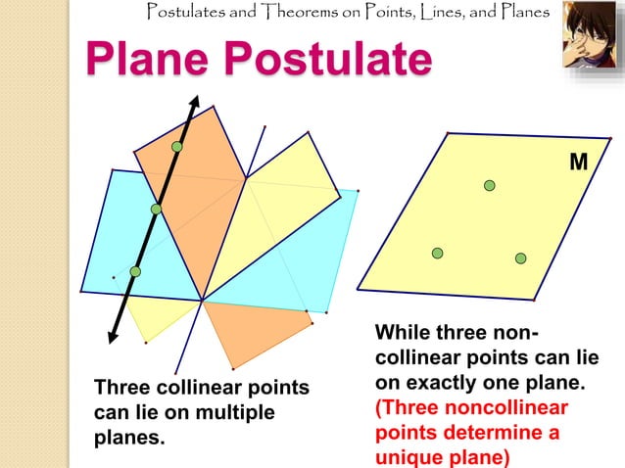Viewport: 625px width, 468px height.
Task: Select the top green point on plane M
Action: pos(489,185)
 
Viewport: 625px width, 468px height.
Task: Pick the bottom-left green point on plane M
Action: pos(438,254)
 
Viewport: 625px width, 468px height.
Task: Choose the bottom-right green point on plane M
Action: pos(521,257)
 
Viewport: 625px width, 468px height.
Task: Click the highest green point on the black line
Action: pos(176,147)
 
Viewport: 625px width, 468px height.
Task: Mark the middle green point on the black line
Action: pos(156,209)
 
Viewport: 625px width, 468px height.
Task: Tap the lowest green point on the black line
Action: pos(135,271)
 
